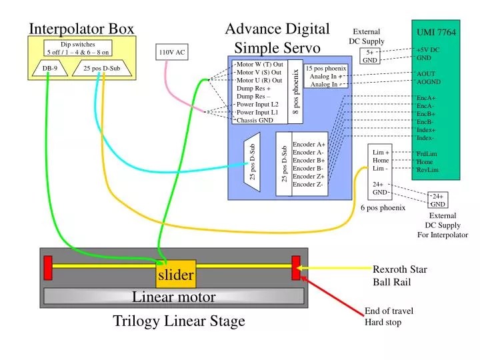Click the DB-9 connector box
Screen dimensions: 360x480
click(49, 68)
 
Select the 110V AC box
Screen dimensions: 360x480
click(172, 52)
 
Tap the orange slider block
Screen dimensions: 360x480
click(176, 274)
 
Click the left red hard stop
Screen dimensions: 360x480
click(48, 267)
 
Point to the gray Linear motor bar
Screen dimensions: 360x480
click(174, 297)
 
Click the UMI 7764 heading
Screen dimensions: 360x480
click(436, 32)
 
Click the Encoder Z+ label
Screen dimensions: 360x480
click(309, 176)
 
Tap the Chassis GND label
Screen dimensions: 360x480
click(255, 121)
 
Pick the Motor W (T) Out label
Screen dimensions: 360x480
click(260, 65)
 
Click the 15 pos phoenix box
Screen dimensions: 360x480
click(326, 76)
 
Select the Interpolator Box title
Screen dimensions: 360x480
click(81, 28)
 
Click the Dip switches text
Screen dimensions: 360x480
click(78, 45)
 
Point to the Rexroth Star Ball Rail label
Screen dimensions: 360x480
click(399, 275)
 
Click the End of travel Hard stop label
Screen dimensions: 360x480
click(389, 317)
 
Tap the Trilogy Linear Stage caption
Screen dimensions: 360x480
click(179, 321)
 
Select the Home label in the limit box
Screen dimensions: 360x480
click(381, 160)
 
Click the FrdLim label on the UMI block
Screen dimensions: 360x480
click(427, 154)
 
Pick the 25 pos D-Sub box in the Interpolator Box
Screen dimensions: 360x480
click(101, 68)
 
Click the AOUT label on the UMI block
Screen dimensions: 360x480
click(426, 74)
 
